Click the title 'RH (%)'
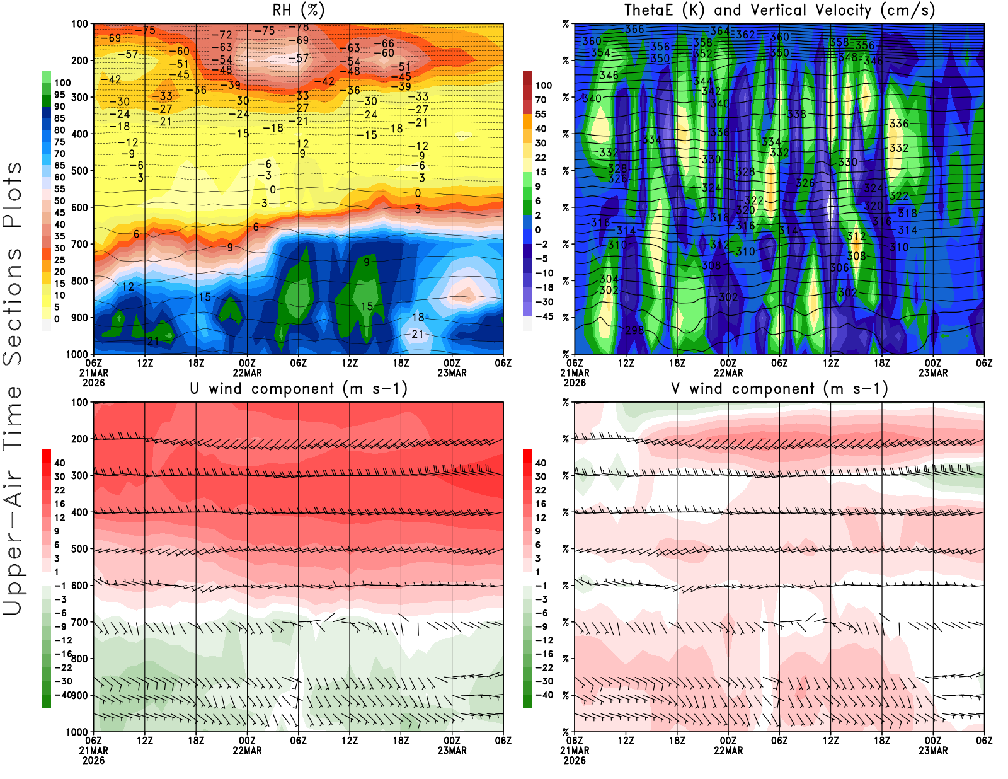pos(299,10)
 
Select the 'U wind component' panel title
pos(299,388)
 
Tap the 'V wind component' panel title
pos(779,388)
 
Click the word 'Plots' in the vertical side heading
pos(13,195)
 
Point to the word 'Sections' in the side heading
pos(13,306)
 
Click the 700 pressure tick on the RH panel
pos(79,244)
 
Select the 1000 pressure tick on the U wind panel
pos(77,732)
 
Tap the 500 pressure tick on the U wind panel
pos(79,549)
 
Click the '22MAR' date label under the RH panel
pos(247,372)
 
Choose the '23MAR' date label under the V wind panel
pos(933,751)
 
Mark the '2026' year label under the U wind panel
pos(93,760)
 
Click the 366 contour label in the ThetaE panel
pos(634,29)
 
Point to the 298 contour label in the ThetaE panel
pos(634,330)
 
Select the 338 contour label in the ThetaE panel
pos(796,114)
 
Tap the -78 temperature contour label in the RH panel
pos(302,27)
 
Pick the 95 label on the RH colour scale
pos(59,95)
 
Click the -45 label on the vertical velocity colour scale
pos(544,316)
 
